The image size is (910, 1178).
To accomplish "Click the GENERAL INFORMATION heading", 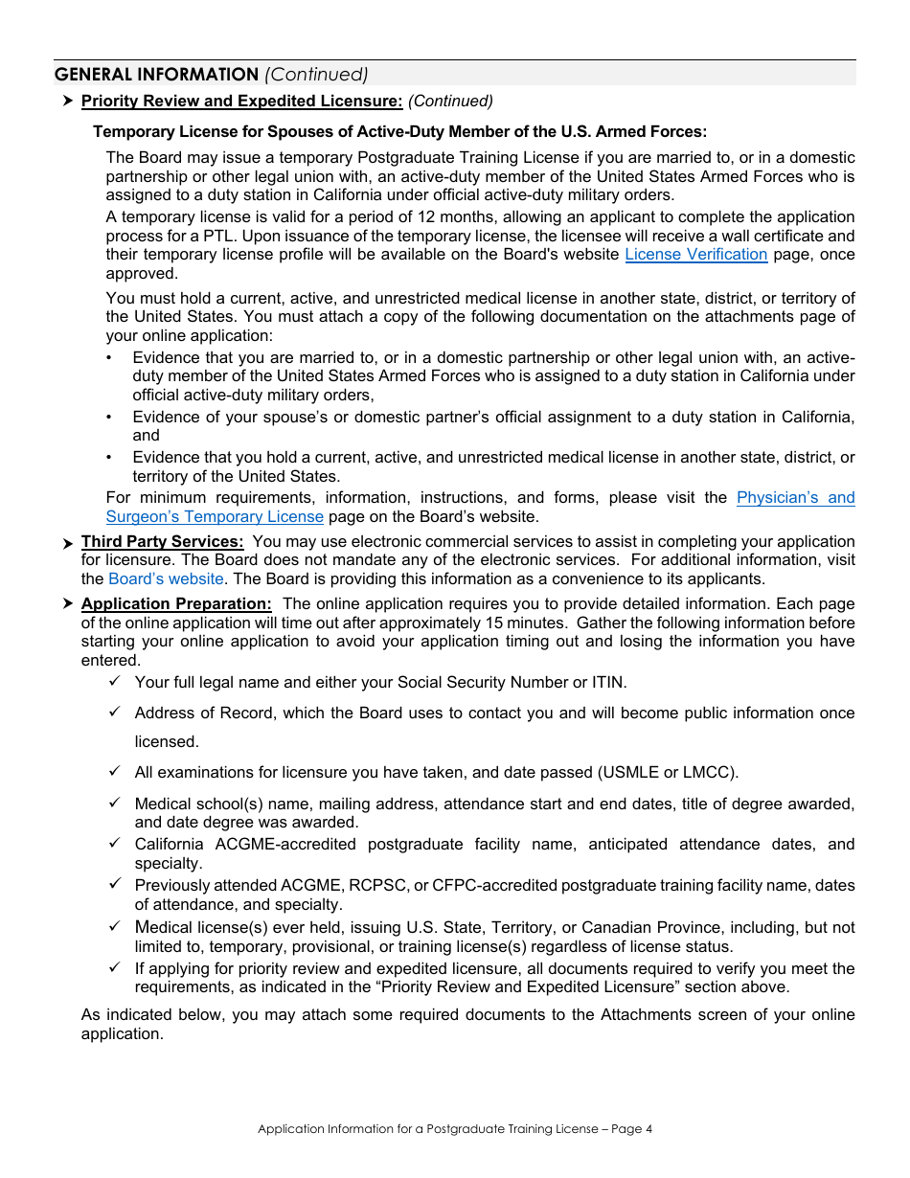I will (x=156, y=75).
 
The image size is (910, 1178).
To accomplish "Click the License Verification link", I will (x=695, y=255).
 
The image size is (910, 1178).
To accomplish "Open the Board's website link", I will (x=167, y=578).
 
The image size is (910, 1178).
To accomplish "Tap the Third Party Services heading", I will (x=162, y=542).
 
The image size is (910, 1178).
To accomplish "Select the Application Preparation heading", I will (x=176, y=604).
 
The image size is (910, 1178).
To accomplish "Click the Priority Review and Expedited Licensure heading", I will (x=241, y=101).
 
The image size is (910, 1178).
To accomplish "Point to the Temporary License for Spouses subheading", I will (x=399, y=132).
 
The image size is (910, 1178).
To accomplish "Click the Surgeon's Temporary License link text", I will (x=215, y=517).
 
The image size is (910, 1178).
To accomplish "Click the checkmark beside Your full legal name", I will (x=115, y=681).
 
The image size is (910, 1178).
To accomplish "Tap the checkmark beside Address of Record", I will (x=115, y=712).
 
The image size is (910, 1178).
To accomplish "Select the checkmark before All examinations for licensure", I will (x=115, y=771).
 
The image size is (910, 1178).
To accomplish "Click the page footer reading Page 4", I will (x=631, y=1129).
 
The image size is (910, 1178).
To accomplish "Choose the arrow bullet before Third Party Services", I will (x=68, y=543).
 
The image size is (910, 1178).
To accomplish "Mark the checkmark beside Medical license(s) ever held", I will (x=115, y=926).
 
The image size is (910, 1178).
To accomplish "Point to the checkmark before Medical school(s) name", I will (x=115, y=803).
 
